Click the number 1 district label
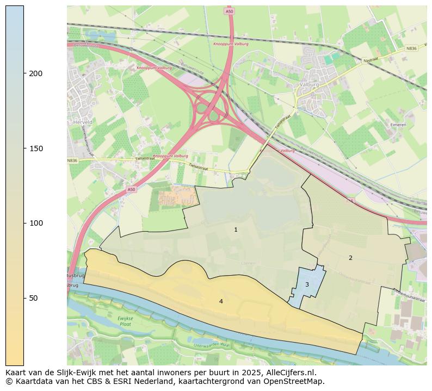click(x=236, y=230)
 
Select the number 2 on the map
click(x=350, y=258)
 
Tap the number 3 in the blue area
click(x=307, y=284)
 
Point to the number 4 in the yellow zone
click(x=221, y=301)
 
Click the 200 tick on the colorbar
click(x=36, y=73)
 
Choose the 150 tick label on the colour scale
click(x=36, y=148)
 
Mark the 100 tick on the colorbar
click(x=36, y=223)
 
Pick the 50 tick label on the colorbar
click(x=34, y=298)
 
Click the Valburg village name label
click(x=309, y=85)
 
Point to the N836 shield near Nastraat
click(x=411, y=48)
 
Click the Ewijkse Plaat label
click(x=125, y=321)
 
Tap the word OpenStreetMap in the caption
click(x=294, y=381)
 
